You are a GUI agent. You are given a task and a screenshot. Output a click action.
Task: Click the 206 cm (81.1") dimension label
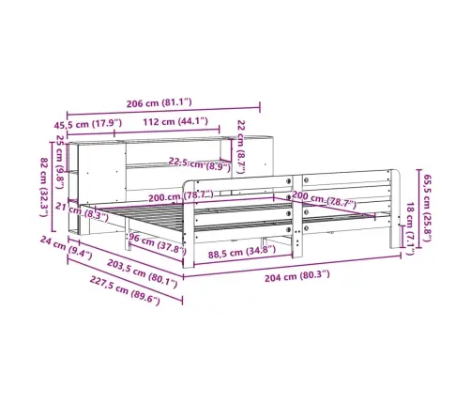click(x=159, y=102)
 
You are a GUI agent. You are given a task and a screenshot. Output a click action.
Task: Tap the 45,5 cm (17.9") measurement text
click(x=88, y=124)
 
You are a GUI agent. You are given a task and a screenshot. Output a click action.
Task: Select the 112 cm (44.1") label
click(x=175, y=121)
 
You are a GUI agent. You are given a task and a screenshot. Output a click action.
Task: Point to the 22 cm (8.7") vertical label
click(x=241, y=147)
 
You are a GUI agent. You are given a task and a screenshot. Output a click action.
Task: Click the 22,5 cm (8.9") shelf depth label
click(x=200, y=164)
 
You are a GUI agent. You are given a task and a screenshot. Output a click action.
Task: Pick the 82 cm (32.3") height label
click(x=44, y=187)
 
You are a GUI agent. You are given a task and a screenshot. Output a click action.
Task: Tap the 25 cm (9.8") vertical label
click(x=60, y=162)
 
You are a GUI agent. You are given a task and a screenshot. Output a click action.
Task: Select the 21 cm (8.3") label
click(x=82, y=212)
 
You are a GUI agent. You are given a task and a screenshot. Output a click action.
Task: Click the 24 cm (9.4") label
click(x=66, y=248)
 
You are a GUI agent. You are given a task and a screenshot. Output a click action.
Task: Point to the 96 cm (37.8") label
click(x=158, y=243)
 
